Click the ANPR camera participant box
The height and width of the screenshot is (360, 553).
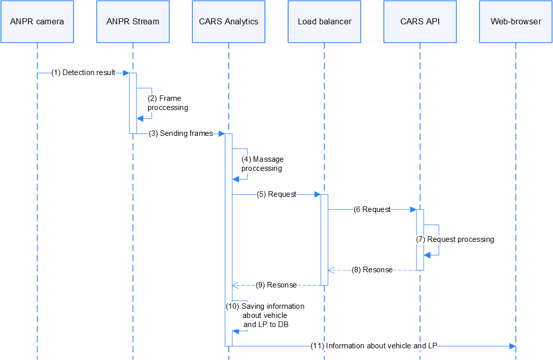coord(37,22)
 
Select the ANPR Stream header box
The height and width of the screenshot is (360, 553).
coord(133,22)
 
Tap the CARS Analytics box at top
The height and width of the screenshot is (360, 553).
coord(228,22)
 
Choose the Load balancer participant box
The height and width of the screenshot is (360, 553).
coord(324,22)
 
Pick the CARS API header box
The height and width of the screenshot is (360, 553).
coord(420,22)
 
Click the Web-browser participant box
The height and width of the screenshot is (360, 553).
coord(515,22)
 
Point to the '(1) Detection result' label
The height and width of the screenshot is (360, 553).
coord(83,73)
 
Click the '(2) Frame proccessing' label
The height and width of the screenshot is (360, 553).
coord(167,103)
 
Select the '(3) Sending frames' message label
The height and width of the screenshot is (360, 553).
coord(181,133)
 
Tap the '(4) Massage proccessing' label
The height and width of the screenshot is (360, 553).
coord(262,164)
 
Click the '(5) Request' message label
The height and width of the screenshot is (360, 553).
coord(276,194)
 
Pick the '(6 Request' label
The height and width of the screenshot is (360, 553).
coord(372,209)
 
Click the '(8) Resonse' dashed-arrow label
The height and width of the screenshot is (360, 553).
coord(372,270)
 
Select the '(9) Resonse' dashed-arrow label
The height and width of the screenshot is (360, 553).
coord(276,285)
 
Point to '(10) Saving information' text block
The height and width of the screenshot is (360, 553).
coord(265,315)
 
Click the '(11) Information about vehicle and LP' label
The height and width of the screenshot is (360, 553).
coord(373,346)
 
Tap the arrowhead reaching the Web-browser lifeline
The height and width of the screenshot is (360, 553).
coord(512,346)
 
